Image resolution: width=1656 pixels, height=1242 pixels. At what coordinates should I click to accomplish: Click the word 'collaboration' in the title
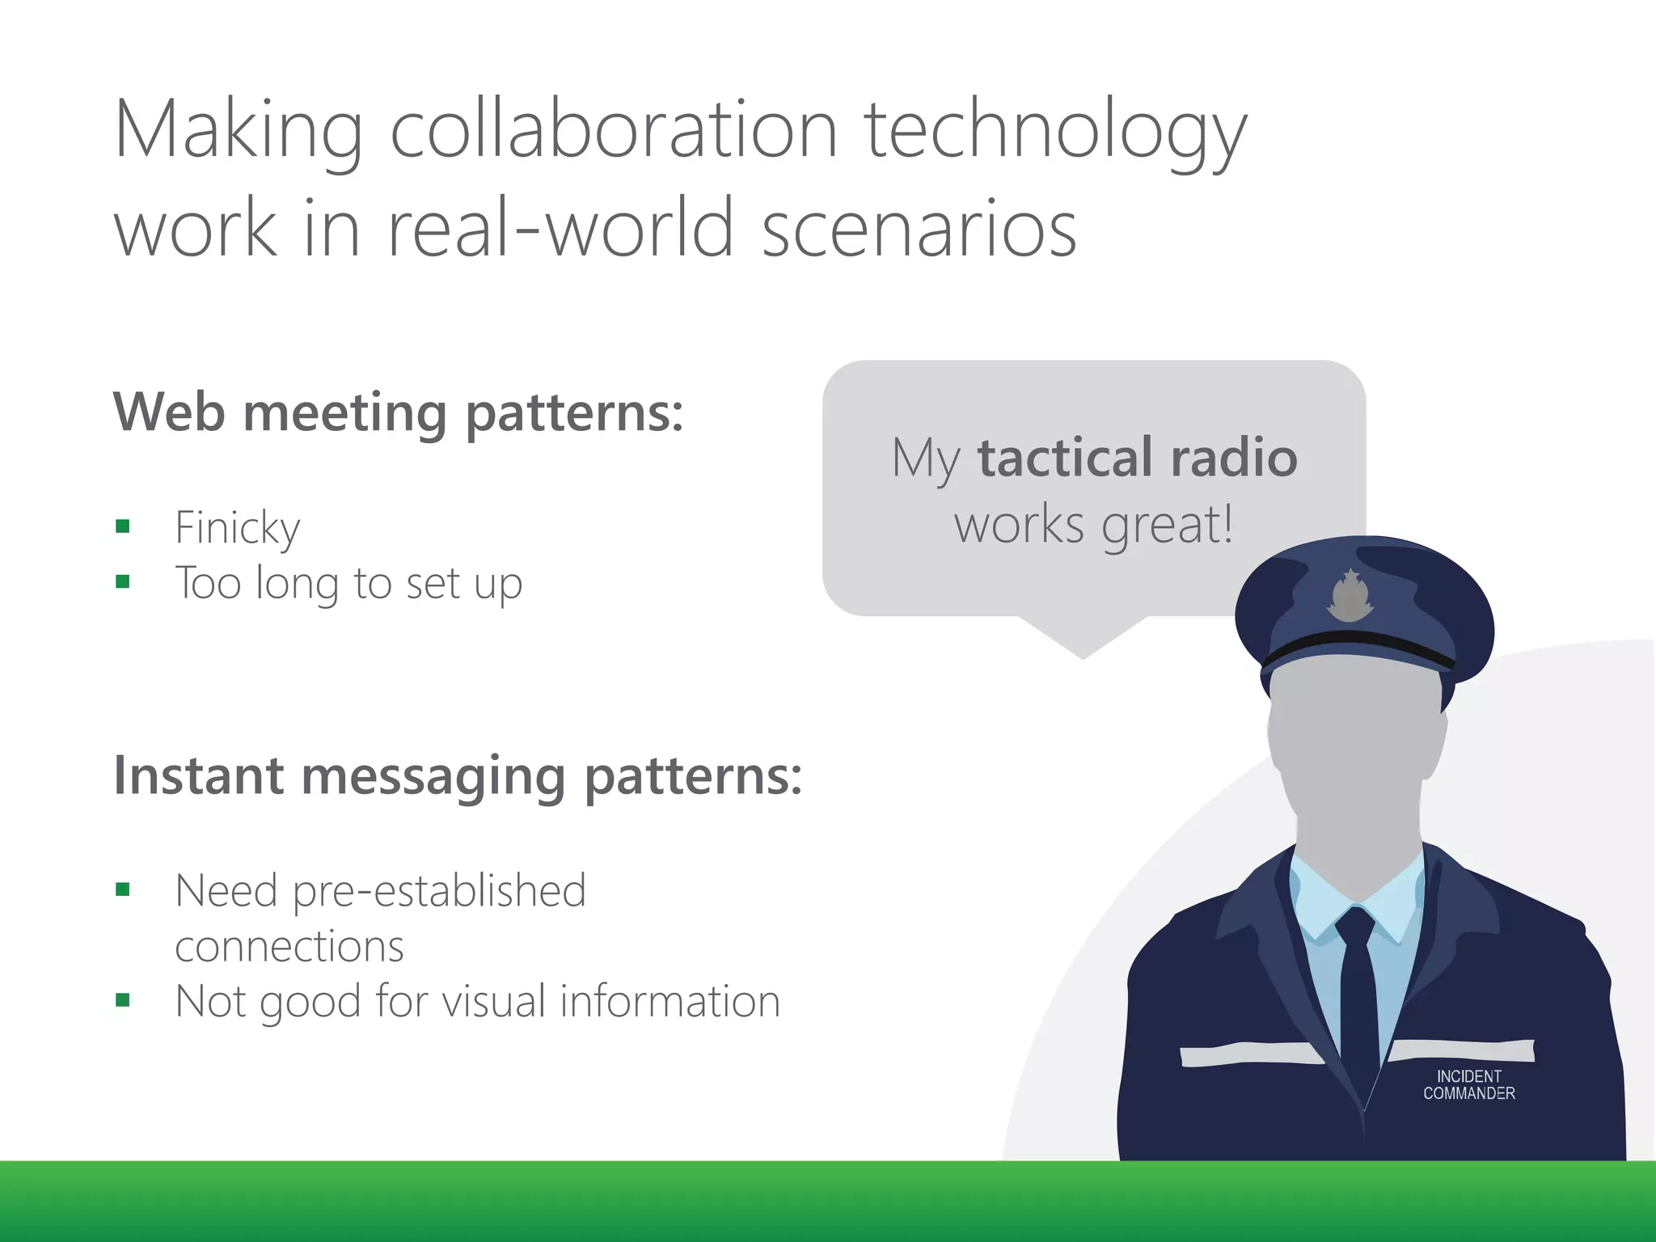614,129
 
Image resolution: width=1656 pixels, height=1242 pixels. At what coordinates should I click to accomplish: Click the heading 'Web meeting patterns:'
398,412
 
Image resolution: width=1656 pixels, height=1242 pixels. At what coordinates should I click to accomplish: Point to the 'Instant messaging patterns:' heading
458,776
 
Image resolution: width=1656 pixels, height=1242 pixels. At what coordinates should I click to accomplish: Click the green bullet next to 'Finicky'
123,527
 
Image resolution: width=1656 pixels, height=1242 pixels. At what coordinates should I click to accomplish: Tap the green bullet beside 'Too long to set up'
123,581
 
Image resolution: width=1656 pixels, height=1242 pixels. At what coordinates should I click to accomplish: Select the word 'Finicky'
238,529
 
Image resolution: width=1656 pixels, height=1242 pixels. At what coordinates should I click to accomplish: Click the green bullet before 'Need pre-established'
123,889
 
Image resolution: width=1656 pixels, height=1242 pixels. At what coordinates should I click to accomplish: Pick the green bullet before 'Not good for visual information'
123,1000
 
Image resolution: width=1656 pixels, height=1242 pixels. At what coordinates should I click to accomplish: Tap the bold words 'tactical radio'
1137,458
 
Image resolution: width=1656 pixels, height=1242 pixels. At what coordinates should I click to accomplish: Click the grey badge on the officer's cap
1350,597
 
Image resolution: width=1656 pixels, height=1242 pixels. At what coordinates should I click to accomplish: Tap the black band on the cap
1358,647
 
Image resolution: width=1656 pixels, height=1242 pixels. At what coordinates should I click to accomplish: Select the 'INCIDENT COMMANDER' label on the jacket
1468,1085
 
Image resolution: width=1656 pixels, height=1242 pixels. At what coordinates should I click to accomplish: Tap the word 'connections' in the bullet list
289,946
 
